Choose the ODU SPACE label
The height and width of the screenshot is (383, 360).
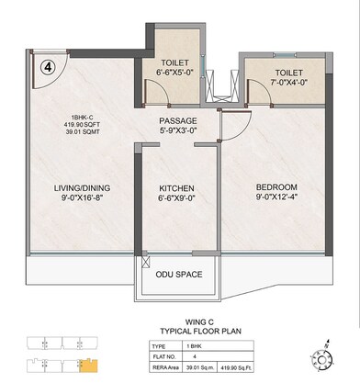click(180, 273)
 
